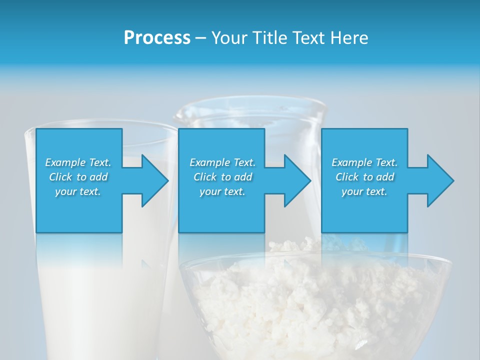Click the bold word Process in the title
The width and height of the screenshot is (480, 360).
[157, 37]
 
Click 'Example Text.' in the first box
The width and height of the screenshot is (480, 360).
[78, 162]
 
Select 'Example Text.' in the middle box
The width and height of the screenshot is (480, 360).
[222, 162]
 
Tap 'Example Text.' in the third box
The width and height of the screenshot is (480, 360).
[364, 162]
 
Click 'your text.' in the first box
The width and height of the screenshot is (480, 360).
[78, 191]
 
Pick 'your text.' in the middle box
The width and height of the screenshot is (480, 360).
[222, 191]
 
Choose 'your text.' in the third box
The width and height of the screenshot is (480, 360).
[364, 191]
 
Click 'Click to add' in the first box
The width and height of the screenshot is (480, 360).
[78, 177]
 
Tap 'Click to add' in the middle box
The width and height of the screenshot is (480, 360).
[222, 177]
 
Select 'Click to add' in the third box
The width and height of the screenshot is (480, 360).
[364, 177]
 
